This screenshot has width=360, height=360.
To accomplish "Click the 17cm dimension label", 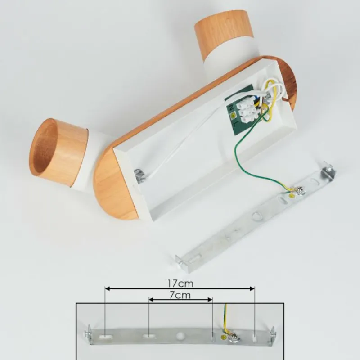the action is tap(180, 283).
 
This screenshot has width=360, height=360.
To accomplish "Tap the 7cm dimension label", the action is tap(180, 295).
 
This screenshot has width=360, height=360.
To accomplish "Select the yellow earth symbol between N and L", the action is tap(234, 115).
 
